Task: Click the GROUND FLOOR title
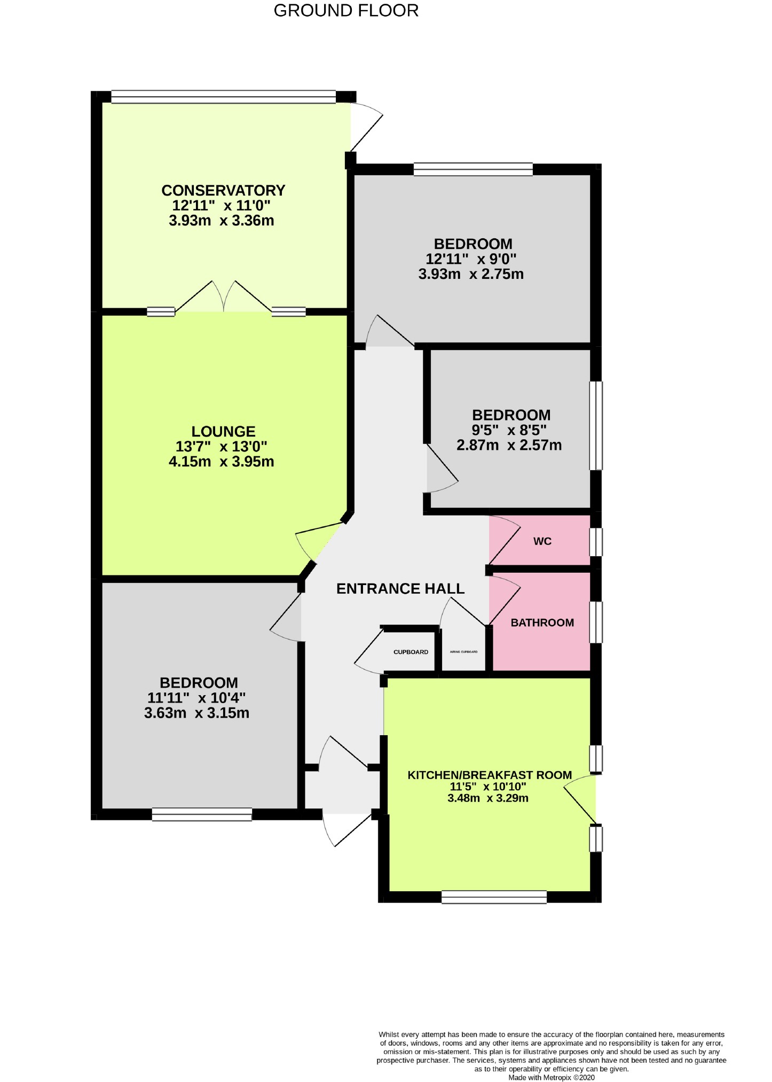[346, 11]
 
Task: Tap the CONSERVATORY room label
[223, 190]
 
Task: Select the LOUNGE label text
[223, 431]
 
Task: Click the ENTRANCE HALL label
[400, 589]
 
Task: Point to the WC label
[542, 541]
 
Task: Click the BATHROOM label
[542, 622]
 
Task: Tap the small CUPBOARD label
[411, 652]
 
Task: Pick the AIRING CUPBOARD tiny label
[463, 652]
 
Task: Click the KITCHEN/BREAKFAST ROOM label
[490, 775]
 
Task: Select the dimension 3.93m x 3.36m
[222, 221]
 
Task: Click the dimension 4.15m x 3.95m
[222, 462]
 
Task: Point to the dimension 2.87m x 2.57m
[509, 445]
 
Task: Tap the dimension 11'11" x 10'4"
[196, 698]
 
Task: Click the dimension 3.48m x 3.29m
[488, 798]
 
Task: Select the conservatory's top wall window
[223, 97]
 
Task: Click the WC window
[596, 542]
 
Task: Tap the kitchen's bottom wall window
[494, 897]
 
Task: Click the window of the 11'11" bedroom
[202, 814]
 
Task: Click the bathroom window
[596, 622]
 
